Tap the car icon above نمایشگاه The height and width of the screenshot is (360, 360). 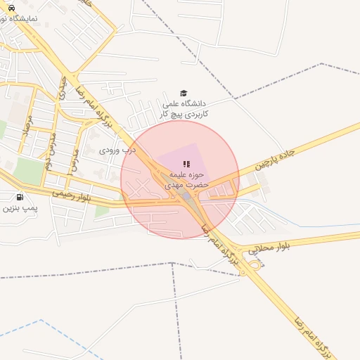(x=11, y=8)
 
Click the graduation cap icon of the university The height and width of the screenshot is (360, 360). (x=184, y=93)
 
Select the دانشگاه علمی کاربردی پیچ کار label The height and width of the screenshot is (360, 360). (x=184, y=108)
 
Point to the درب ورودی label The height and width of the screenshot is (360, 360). (x=115, y=150)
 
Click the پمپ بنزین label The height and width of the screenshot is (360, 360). (x=19, y=208)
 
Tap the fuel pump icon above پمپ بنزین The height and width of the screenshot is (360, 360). (x=19, y=197)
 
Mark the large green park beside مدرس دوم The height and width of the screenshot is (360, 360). (x=29, y=171)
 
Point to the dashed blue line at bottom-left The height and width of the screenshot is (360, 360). (x=28, y=335)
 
